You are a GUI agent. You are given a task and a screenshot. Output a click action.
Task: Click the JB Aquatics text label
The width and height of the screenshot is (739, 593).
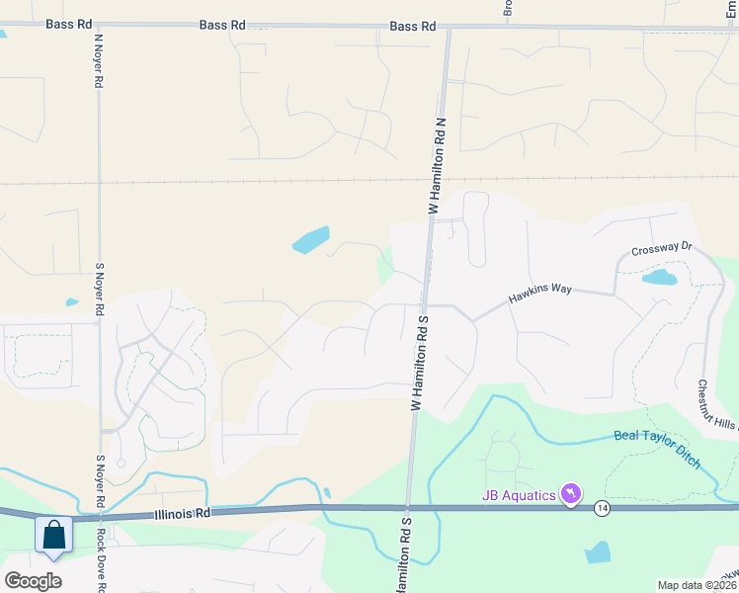[519, 494]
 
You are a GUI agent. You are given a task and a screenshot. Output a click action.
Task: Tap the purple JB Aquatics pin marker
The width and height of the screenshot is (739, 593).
[570, 492]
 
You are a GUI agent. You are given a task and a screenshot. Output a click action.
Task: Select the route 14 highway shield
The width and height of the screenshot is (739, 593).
[602, 508]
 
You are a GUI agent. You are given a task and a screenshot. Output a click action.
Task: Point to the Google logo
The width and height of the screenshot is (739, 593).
[33, 581]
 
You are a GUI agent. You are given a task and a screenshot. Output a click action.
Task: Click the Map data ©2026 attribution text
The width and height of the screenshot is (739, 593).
[697, 585]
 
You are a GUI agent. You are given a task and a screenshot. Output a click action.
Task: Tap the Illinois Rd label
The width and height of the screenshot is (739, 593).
[184, 514]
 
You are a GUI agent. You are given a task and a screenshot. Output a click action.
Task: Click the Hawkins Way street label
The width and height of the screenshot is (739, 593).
[540, 294]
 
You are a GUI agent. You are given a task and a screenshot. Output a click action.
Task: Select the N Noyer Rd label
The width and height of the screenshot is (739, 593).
[99, 60]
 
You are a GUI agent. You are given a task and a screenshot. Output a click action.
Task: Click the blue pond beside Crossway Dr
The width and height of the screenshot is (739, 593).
[659, 278]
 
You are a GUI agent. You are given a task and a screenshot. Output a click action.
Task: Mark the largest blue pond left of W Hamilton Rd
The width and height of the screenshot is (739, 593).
[310, 240]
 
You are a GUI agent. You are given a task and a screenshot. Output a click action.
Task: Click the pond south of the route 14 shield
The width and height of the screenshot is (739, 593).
[598, 552]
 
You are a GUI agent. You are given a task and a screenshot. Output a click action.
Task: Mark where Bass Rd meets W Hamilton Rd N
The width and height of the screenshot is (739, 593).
[448, 28]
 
